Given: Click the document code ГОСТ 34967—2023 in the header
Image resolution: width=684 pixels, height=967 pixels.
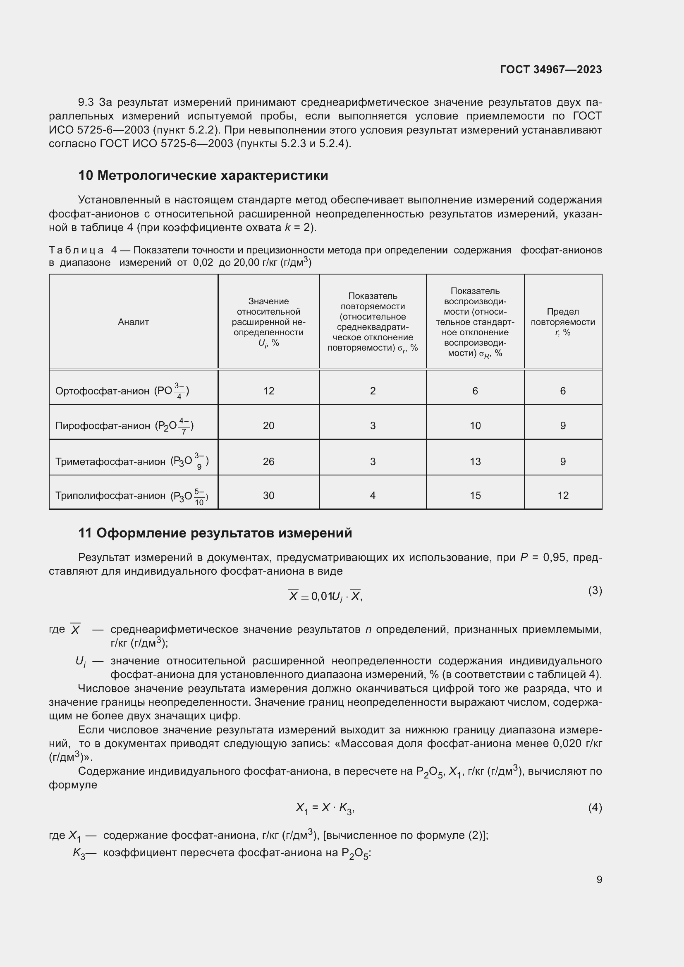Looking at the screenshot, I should point(550,69).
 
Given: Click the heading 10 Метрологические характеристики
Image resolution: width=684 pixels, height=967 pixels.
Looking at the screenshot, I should point(203,175).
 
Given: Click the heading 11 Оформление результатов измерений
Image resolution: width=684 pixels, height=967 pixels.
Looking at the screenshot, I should point(215,533).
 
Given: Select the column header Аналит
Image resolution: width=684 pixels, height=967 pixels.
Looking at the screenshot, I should point(133,322).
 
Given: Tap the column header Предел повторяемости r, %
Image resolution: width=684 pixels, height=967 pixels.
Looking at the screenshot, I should point(563,322).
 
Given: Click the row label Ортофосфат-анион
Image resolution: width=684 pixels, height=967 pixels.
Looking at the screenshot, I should point(102,391).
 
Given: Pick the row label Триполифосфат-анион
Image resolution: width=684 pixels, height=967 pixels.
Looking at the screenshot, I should point(110,496).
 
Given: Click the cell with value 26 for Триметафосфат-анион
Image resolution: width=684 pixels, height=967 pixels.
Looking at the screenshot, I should point(268,462).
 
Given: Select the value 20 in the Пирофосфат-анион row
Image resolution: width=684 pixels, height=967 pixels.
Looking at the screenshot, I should point(268,426).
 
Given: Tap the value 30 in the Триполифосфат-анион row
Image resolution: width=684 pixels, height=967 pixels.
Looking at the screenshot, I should point(268,496).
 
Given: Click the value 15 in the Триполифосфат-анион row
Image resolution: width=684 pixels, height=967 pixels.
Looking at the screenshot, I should point(475,496).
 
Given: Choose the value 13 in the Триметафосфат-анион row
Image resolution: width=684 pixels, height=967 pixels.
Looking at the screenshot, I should point(475,462).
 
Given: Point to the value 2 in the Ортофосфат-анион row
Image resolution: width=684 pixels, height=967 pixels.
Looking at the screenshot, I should point(373,391).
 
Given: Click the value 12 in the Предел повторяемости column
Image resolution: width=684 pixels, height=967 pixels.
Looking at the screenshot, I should point(563,496).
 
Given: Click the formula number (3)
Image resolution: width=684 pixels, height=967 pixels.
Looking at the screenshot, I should point(595,590).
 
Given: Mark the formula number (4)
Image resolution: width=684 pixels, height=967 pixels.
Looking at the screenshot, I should point(595,807).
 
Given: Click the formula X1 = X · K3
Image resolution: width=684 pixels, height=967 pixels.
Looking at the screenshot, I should point(325,808).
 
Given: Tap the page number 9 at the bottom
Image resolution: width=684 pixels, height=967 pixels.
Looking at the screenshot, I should point(599,879).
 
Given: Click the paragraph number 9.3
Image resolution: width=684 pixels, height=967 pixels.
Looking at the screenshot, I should point(86,103).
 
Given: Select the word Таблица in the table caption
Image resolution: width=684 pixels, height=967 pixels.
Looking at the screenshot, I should point(76,250).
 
